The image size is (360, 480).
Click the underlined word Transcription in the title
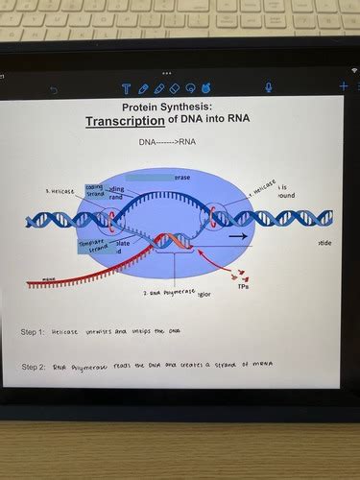(125, 122)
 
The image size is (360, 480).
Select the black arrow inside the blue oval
(237, 235)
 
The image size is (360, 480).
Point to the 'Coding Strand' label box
(96, 190)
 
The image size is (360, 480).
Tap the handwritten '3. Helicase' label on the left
(60, 191)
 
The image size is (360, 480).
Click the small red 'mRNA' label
(47, 279)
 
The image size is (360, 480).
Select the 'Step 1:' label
(34, 332)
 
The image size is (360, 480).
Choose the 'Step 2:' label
(34, 367)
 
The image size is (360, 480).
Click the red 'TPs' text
(244, 285)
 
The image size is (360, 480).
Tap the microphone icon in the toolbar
(268, 87)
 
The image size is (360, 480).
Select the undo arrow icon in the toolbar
(54, 89)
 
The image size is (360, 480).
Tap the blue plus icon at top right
(344, 86)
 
